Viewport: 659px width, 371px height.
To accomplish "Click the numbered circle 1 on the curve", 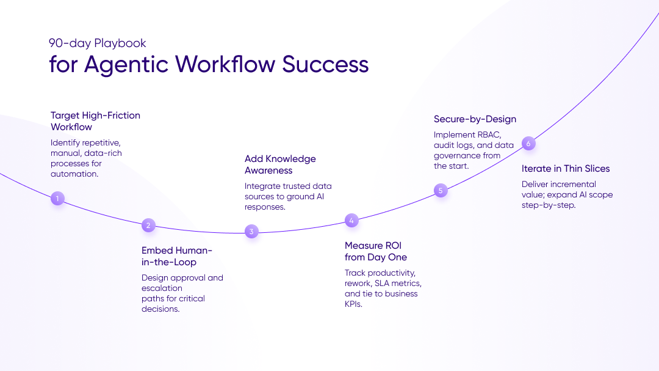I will [x=57, y=198].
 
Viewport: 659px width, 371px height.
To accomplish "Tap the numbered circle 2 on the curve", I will [x=148, y=226].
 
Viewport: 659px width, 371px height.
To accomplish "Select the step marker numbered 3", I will [x=251, y=232].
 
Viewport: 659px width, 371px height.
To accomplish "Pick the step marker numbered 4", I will [x=351, y=221].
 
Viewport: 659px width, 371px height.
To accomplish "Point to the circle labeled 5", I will [x=441, y=191].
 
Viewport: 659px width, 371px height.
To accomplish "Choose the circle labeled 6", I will [x=528, y=144].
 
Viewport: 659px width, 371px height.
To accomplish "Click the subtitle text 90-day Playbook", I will [x=98, y=43].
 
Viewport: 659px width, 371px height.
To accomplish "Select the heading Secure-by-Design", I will [x=475, y=119].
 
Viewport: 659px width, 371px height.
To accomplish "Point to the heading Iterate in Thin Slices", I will [x=566, y=169].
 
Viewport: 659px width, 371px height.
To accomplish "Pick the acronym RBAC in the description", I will [x=488, y=134].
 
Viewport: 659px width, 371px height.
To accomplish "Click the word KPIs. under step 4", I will [x=354, y=304].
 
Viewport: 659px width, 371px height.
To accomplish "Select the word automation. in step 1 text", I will [x=74, y=174].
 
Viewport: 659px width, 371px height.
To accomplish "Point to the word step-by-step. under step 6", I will [x=549, y=205].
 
